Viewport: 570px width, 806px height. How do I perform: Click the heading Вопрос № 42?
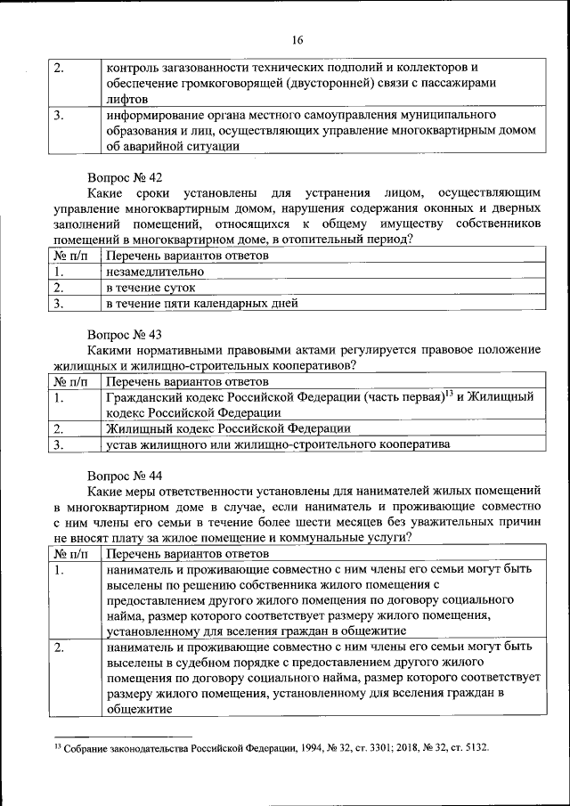pos(124,178)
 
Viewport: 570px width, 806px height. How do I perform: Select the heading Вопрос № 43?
pos(124,335)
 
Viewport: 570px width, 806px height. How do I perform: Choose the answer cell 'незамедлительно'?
pos(155,272)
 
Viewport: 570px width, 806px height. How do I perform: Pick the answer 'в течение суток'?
pos(150,288)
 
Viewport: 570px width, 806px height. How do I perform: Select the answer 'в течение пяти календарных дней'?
pos(201,304)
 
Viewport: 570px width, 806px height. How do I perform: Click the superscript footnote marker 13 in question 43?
pos(449,393)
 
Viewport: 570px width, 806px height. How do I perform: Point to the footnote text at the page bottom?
pos(271,749)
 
